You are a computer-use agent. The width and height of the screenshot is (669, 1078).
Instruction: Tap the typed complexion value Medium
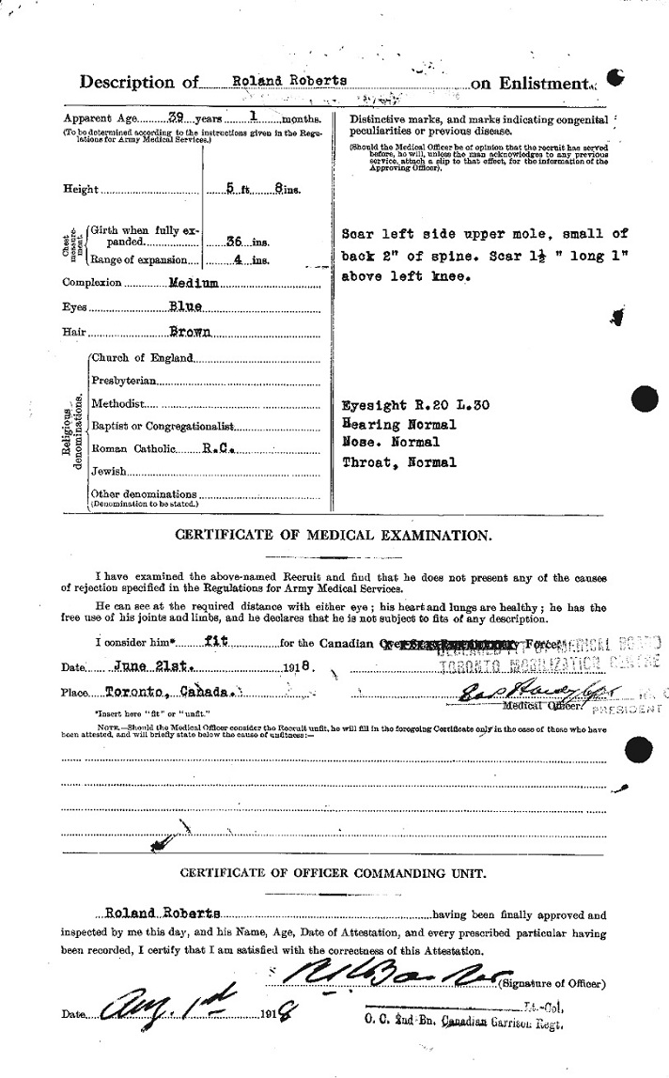click(x=195, y=283)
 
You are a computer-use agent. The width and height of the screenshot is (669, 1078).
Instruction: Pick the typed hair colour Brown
click(x=191, y=332)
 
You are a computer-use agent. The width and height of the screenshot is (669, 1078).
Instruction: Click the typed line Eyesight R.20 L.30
click(x=416, y=406)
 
